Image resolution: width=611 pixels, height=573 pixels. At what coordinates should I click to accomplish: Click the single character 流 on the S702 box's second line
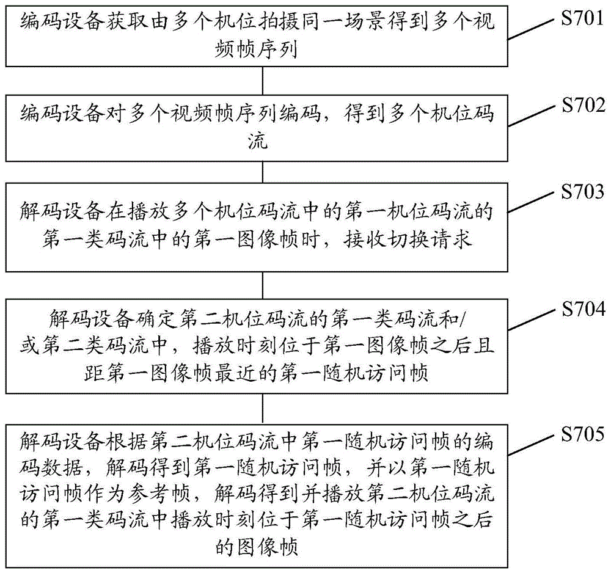262,141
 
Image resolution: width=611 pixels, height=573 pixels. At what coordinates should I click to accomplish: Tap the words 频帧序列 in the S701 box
262,50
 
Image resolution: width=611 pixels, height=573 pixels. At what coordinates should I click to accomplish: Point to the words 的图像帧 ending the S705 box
262,547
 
